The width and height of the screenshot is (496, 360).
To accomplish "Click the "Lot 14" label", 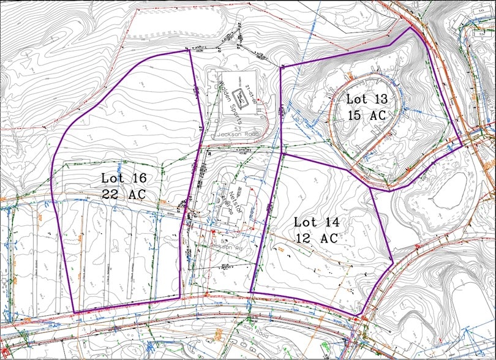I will [315, 222].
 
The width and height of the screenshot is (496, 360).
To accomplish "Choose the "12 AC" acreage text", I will [316, 238].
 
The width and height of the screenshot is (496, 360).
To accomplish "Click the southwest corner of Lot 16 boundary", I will [74, 313].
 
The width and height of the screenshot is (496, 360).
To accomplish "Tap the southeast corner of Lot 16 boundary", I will [181, 298].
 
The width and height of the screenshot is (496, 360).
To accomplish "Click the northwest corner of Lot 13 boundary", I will [280, 67].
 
